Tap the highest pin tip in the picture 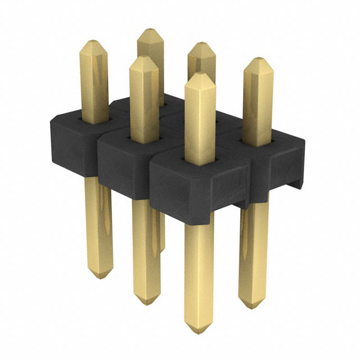[149, 30]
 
